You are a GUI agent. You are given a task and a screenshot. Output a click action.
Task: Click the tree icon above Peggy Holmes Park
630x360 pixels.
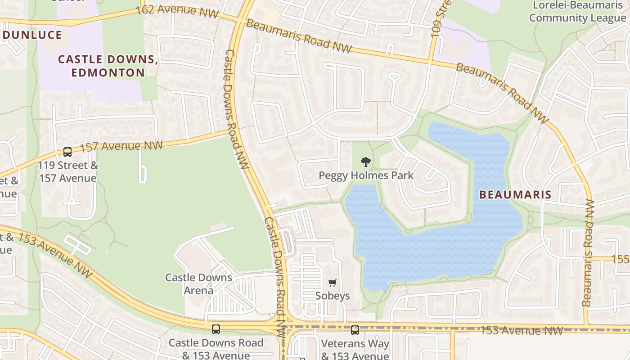coord(366,162)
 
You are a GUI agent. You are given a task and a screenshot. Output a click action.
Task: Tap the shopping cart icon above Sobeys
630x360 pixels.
coord(332,283)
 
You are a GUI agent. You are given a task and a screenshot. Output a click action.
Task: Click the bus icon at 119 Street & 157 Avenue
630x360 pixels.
coord(67,152)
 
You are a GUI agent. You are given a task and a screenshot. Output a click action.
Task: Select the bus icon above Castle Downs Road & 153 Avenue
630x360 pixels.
coord(216,329)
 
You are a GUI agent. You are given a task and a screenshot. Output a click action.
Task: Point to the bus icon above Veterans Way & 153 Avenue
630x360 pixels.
coord(355,330)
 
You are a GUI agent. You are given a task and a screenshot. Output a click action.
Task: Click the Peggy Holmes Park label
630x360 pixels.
coord(366,175)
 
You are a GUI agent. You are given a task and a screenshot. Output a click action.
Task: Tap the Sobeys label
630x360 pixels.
coord(333,296)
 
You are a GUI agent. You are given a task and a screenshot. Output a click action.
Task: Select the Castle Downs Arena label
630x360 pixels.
coord(198,284)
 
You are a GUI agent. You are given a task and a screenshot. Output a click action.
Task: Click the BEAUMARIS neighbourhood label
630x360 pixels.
coord(515,195)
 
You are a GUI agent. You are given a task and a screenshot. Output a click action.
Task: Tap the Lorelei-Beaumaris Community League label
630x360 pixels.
coord(577,12)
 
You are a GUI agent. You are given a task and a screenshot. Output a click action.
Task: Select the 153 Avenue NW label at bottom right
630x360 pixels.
coord(522,330)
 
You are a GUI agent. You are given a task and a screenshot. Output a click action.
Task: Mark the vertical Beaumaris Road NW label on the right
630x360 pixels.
coord(588,253)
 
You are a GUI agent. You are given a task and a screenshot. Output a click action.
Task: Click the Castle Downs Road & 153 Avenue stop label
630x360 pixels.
coord(216,349)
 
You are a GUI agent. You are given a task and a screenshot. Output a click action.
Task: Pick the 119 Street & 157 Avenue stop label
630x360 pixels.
coord(67,171)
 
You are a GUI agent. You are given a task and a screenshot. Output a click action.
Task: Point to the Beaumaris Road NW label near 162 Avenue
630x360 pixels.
coord(298,36)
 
